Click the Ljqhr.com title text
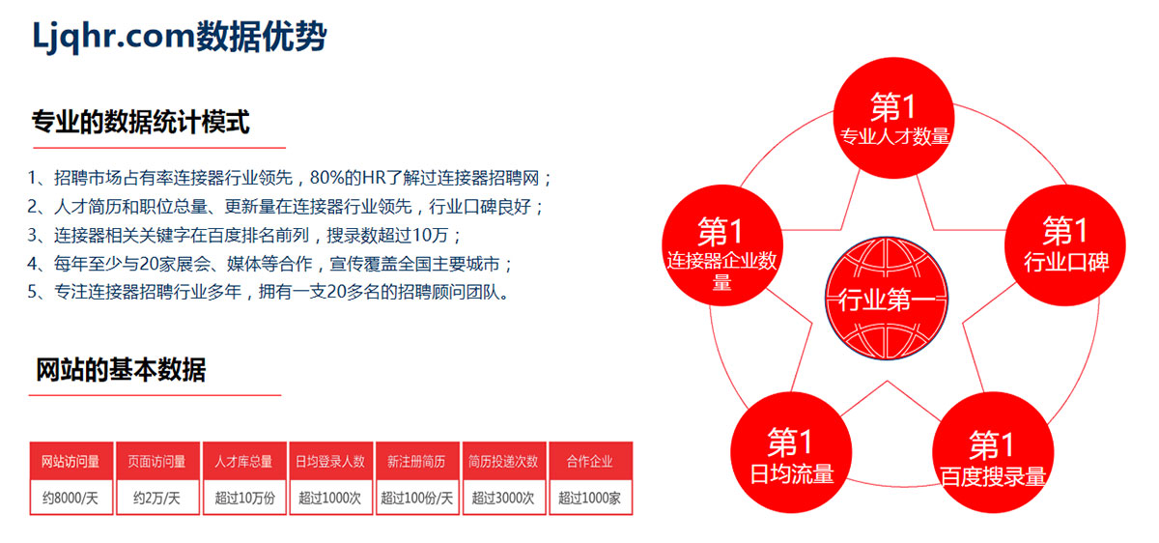(x=179, y=37)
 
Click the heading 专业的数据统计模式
(x=141, y=122)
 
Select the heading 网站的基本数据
(x=121, y=370)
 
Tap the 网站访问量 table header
(x=71, y=461)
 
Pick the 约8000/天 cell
(x=71, y=498)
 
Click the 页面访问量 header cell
(x=157, y=461)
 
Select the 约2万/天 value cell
(x=157, y=498)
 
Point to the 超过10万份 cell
(x=244, y=498)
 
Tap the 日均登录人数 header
(x=330, y=461)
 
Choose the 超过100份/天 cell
(x=417, y=498)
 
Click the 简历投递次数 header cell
(x=504, y=461)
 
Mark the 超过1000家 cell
(x=590, y=498)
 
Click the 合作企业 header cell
(x=590, y=461)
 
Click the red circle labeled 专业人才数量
(x=893, y=118)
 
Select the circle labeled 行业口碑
(x=1064, y=245)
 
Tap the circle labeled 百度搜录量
(x=993, y=453)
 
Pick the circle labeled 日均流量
(x=791, y=453)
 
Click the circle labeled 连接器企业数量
(x=722, y=245)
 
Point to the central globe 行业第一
(x=887, y=299)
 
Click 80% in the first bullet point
(x=326, y=178)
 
